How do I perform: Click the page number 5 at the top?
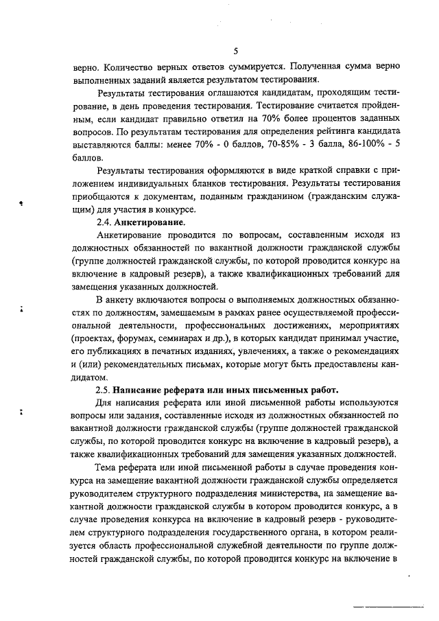tap(235, 51)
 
